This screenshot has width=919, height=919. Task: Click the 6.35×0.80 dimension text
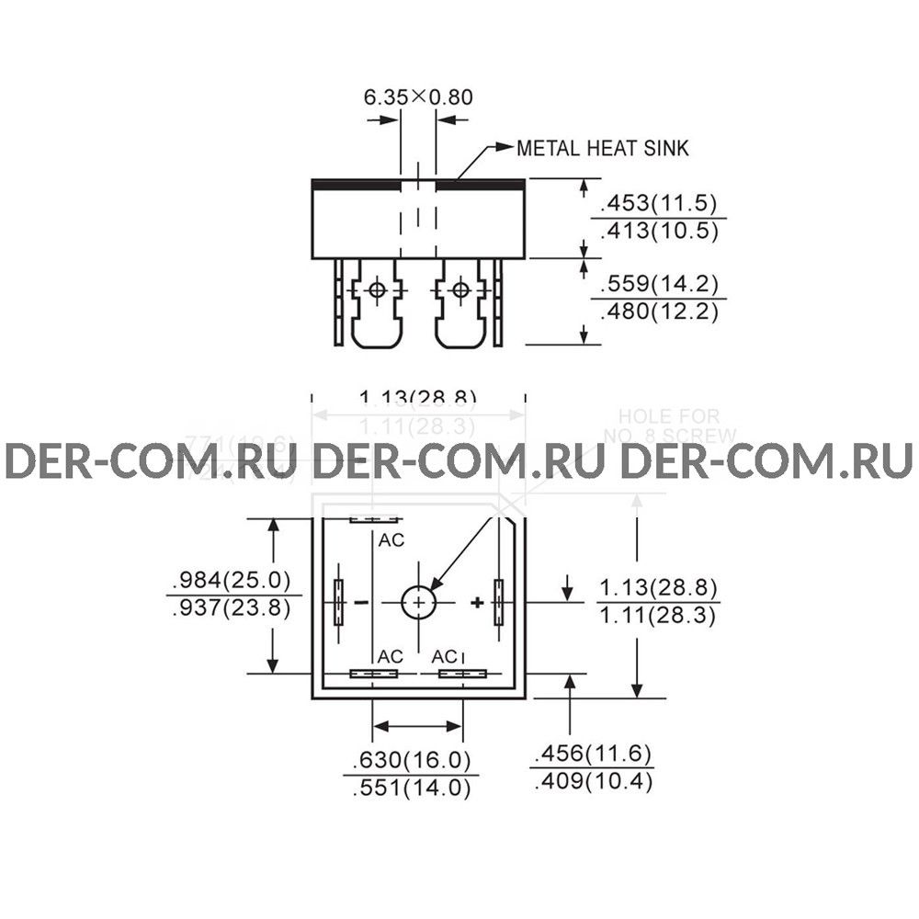(417, 96)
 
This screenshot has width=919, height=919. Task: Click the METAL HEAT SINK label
(602, 148)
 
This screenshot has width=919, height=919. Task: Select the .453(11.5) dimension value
(658, 204)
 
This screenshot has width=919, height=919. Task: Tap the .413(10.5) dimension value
(658, 231)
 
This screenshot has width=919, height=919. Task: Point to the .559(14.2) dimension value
(658, 284)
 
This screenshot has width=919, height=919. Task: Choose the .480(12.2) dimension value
(658, 312)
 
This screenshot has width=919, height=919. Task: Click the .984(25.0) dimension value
(230, 581)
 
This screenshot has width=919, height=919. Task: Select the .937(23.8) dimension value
(230, 608)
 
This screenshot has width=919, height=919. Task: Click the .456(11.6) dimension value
(592, 754)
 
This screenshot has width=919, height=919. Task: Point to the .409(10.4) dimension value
(592, 782)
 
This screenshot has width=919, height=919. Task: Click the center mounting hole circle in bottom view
(419, 602)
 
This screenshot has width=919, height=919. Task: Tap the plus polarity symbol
(477, 603)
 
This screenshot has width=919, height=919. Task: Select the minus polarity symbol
(360, 603)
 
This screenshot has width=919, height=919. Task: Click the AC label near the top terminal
(391, 540)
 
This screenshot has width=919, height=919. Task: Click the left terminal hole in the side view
(376, 291)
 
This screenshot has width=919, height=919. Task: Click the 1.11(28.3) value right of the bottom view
(658, 616)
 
